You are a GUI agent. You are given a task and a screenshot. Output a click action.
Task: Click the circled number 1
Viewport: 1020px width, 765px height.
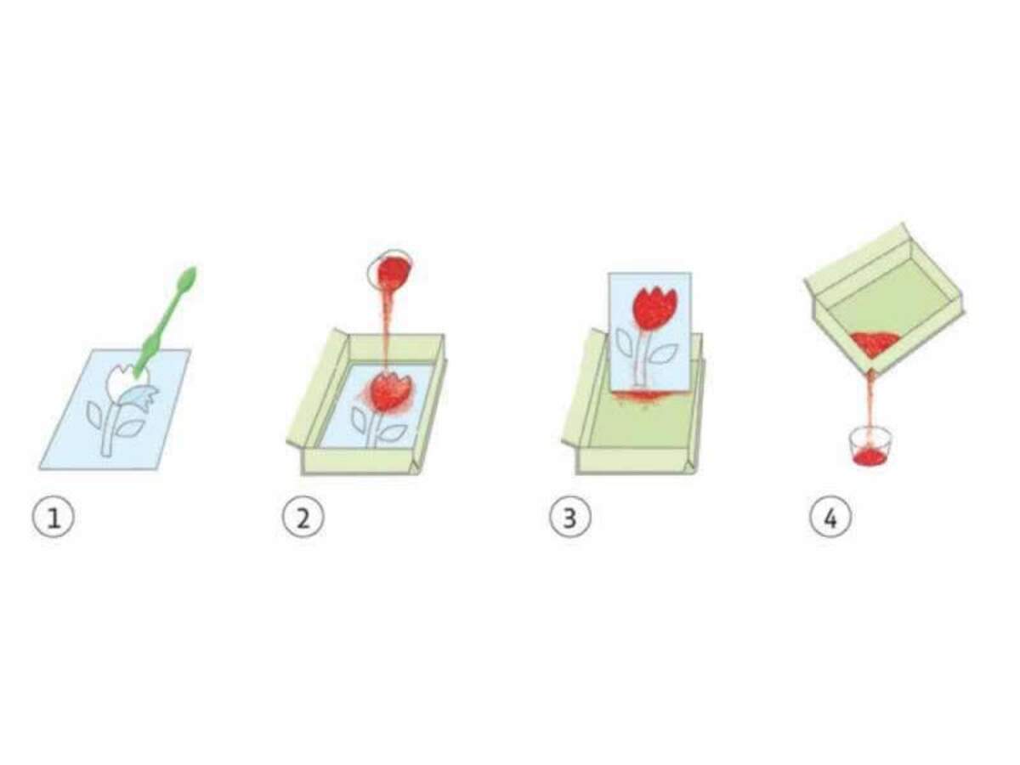(54, 518)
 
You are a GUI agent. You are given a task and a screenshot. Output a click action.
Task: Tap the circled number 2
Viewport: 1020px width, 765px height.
(303, 518)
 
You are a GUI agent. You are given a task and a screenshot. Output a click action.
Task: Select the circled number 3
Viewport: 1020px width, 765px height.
(570, 518)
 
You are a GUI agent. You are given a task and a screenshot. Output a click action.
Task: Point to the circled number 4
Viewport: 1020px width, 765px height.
(830, 518)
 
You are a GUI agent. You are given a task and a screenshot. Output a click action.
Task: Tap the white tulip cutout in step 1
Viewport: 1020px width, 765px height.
(122, 382)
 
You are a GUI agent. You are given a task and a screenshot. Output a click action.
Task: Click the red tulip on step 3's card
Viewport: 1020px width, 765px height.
(652, 308)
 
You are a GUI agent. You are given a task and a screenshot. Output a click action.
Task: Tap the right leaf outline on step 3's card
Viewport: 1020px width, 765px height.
(664, 355)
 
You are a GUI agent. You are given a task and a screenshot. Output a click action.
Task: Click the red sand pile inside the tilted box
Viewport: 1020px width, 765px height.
(872, 343)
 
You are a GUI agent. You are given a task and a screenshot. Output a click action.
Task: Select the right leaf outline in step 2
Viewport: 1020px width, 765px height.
(394, 432)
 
